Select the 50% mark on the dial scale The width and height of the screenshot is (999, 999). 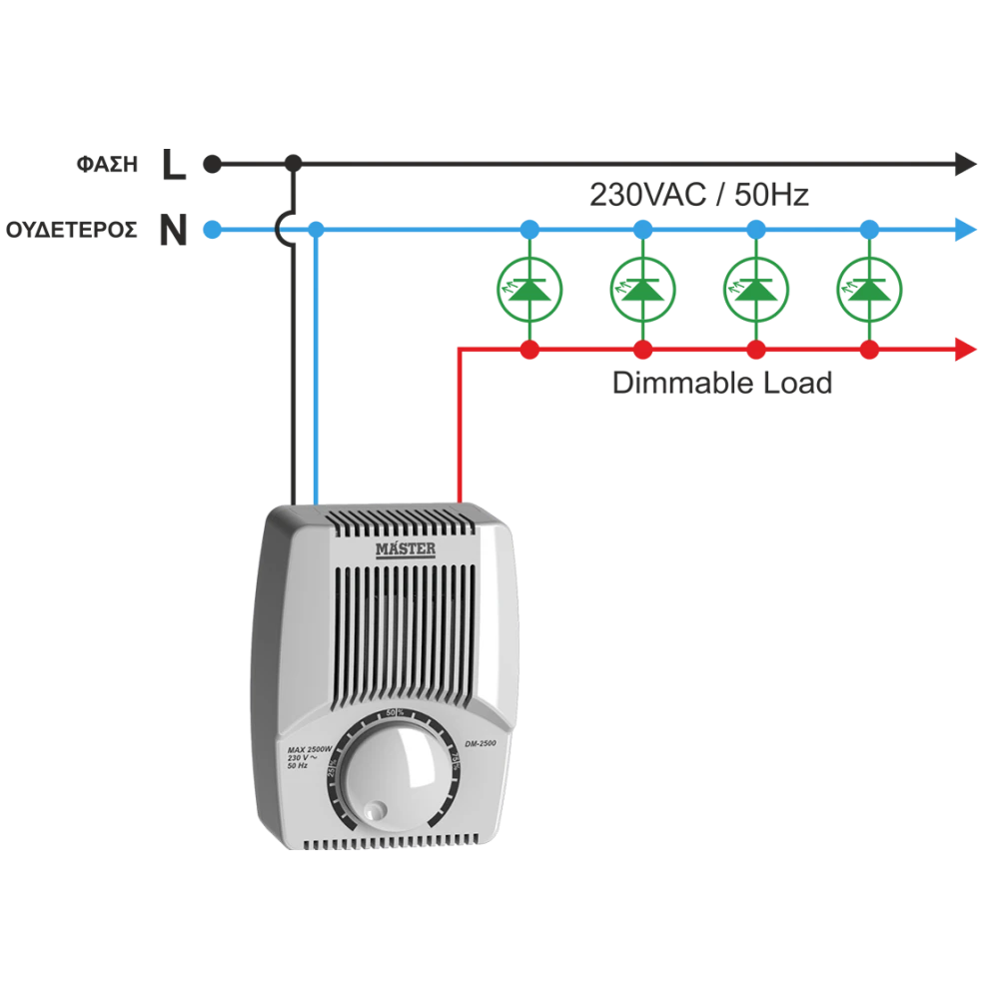coord(394,712)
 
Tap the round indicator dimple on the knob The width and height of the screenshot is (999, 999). coord(373,810)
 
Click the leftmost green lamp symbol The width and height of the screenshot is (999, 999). coord(531,289)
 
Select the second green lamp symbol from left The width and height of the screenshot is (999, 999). coord(644,289)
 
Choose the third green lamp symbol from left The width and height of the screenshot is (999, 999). coord(756,289)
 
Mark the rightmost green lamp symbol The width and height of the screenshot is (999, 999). coord(868,289)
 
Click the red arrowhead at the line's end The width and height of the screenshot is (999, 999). coord(964,350)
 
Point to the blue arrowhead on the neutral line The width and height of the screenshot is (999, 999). coord(964,230)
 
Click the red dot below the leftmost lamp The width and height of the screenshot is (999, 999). coord(531,350)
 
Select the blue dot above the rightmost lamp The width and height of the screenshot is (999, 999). coord(868,230)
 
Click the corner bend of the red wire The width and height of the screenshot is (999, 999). coord(459,351)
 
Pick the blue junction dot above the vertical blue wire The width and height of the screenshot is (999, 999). coord(316,230)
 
